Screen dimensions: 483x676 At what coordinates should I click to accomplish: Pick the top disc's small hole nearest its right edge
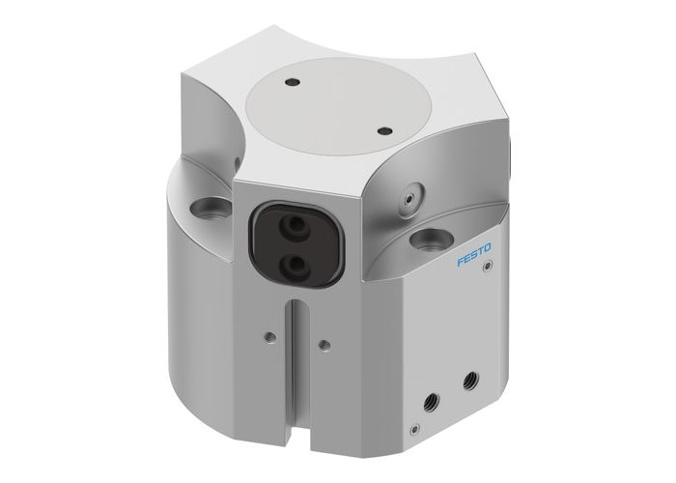[x=384, y=128]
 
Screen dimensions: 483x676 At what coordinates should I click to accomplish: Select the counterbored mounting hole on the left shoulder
[x=207, y=206]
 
